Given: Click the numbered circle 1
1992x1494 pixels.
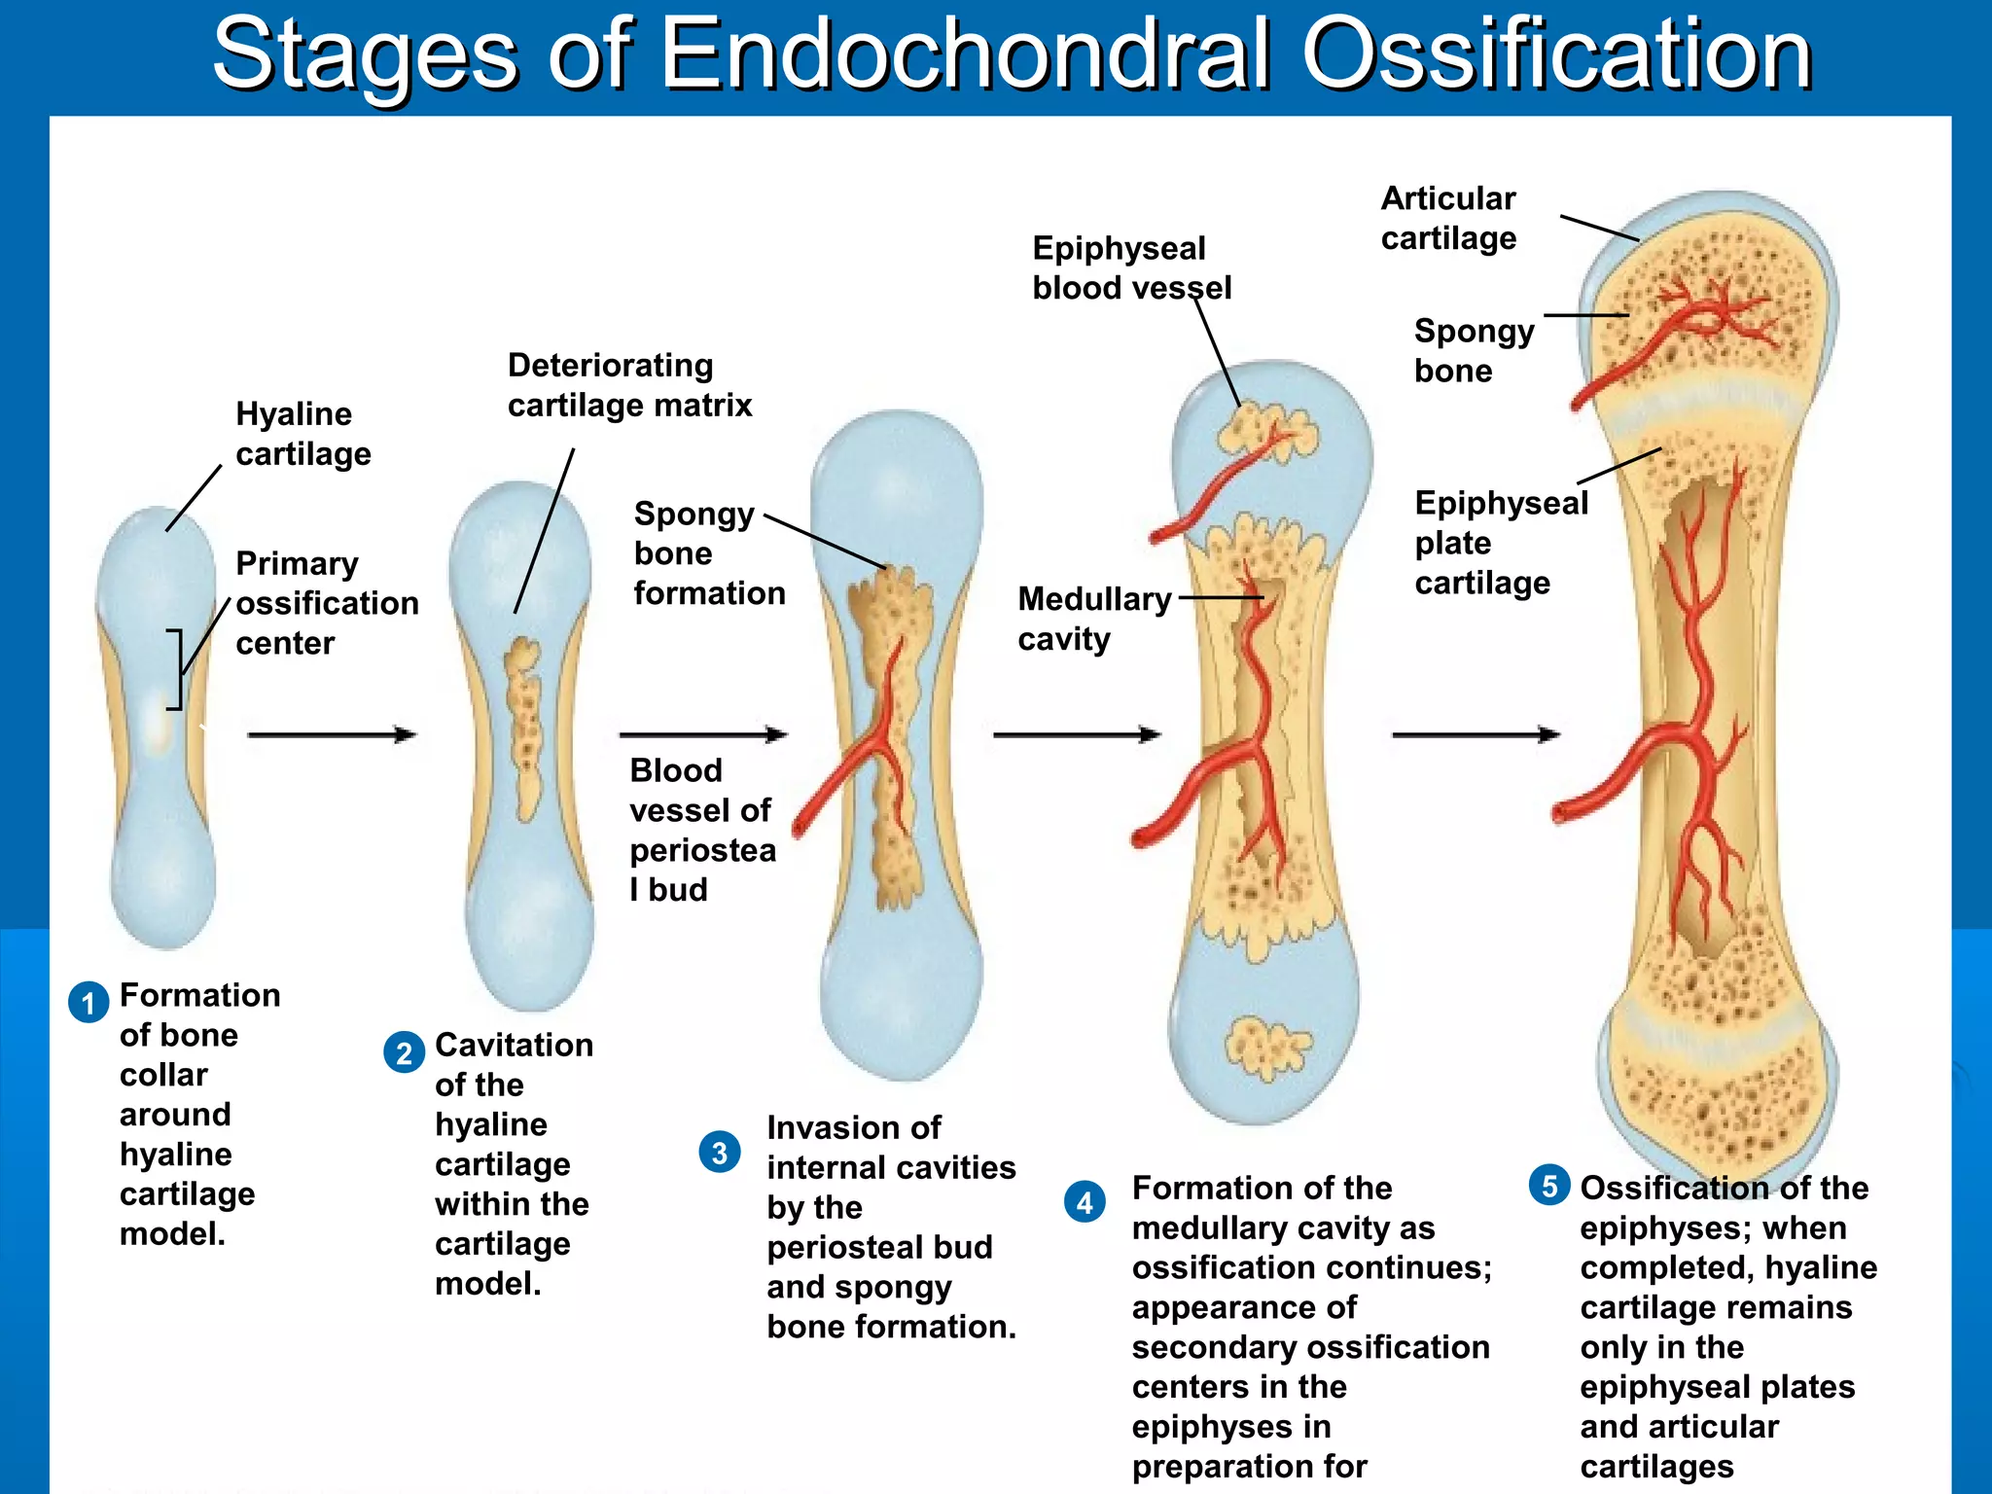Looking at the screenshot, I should pos(89,1003).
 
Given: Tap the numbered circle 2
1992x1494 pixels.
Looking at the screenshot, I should pos(404,1053).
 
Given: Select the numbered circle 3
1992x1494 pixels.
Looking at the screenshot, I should pos(720,1153).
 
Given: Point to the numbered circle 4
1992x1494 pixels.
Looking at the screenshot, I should pos(1085,1203).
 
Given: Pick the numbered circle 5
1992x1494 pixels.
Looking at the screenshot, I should pos(1549,1186).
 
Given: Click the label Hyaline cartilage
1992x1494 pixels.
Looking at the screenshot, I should pos(302,434).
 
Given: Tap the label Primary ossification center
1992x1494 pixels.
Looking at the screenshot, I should pos(326,603).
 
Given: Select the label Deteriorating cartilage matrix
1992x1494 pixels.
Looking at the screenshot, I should pos(629,385).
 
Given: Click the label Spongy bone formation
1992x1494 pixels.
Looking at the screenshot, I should pos(708,553).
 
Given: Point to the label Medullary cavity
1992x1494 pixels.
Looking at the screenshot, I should pos(1093,619).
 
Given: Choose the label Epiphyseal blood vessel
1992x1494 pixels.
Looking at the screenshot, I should pos(1130,267).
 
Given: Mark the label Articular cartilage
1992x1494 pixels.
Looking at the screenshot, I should pos(1447,218).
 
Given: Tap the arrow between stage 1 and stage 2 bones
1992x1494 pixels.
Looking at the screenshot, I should pos(331,734).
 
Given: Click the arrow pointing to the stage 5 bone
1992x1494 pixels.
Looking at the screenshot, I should pos(1475,734).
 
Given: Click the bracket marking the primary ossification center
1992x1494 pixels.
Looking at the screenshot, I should pos(175,669).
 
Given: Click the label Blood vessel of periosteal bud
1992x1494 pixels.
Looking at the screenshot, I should pos(701,830).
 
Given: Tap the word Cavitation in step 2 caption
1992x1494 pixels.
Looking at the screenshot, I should pos(514,1045).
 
